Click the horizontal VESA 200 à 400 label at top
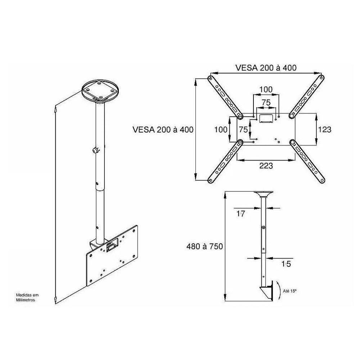266,68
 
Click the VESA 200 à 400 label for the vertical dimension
163,130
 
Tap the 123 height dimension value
325,129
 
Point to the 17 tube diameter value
241,214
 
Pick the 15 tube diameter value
286,264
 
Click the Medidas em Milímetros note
27,297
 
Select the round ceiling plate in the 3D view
100,91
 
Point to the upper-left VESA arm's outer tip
210,78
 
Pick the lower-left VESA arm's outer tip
210,180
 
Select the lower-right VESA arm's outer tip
322,180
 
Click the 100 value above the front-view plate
266,89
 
